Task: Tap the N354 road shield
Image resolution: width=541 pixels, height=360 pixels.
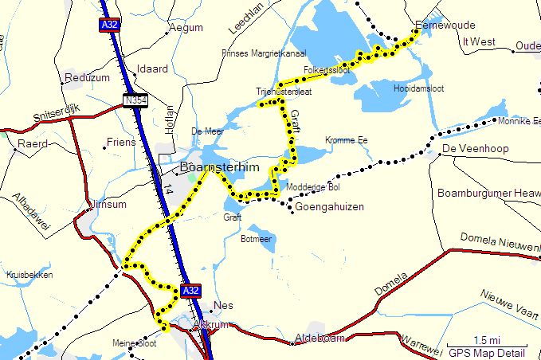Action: tap(135, 100)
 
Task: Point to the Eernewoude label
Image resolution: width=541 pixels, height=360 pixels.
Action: tap(444, 24)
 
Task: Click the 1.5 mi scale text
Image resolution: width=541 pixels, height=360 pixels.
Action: tap(485, 341)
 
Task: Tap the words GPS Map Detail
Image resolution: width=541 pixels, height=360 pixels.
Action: tap(486, 352)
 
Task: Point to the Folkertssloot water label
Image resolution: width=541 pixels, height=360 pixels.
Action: tap(327, 70)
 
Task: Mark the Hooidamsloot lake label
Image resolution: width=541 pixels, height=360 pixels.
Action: tap(418, 89)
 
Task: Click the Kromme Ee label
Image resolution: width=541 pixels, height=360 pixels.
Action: tap(346, 140)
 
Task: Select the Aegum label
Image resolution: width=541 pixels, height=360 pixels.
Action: tap(187, 27)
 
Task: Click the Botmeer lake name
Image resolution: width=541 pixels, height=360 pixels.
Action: tap(257, 238)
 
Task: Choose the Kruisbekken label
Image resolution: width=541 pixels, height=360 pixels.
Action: tap(29, 275)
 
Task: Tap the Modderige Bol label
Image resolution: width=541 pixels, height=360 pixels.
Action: tap(313, 187)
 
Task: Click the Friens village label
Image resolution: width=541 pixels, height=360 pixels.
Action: tap(121, 143)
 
